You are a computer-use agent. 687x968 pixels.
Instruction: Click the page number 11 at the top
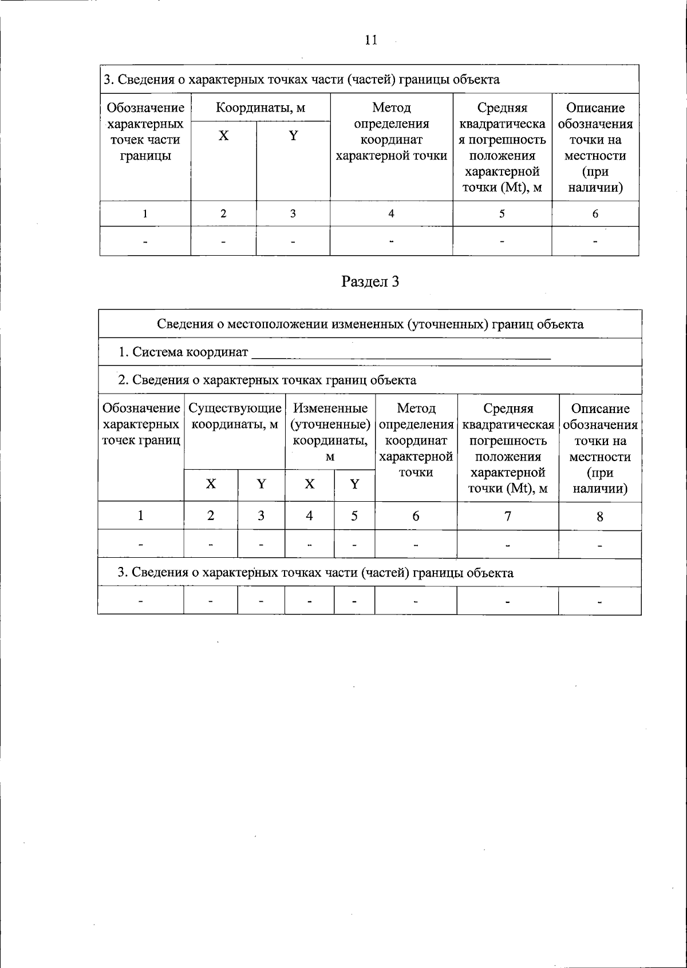(x=370, y=39)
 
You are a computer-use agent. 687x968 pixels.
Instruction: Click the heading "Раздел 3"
(x=370, y=281)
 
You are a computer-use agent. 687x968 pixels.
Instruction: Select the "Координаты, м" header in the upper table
(x=260, y=108)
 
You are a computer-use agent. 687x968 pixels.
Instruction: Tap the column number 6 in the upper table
(x=595, y=214)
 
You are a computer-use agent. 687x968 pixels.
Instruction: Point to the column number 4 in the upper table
(x=391, y=214)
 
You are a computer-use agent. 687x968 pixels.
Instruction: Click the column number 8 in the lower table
(x=599, y=517)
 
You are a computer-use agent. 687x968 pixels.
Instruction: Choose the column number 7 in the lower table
(x=507, y=516)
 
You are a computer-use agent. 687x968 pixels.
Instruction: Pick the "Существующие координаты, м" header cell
(x=235, y=416)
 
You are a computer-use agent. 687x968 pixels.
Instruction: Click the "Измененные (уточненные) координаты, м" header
(x=330, y=432)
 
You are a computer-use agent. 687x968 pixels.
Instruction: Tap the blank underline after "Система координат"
(x=401, y=355)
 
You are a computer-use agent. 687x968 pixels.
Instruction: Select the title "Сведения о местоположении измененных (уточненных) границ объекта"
(x=370, y=324)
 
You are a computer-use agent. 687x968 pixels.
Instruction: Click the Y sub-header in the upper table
(x=293, y=136)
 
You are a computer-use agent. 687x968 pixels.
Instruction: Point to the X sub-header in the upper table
(x=223, y=136)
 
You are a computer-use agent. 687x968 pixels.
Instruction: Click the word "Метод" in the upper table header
(x=391, y=108)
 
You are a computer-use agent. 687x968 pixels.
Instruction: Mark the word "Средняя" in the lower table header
(x=508, y=408)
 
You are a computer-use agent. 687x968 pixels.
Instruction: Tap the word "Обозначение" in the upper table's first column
(x=145, y=108)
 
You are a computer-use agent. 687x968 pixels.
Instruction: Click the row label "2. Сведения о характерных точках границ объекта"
(x=267, y=380)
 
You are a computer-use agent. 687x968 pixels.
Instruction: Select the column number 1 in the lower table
(x=141, y=516)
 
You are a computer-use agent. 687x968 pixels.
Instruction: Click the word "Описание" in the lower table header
(x=600, y=408)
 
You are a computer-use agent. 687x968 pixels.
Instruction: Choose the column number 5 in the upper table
(x=502, y=214)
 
